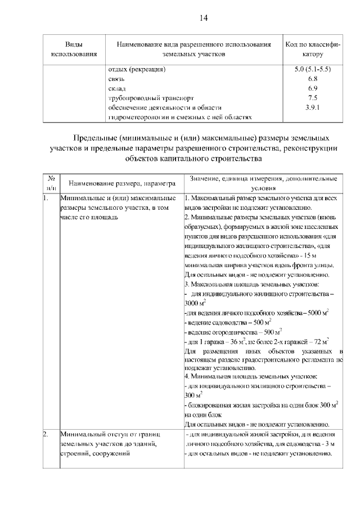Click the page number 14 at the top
click(x=204, y=18)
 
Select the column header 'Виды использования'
click(x=74, y=49)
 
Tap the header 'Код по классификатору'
click(x=312, y=49)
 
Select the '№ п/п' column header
click(x=50, y=182)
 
